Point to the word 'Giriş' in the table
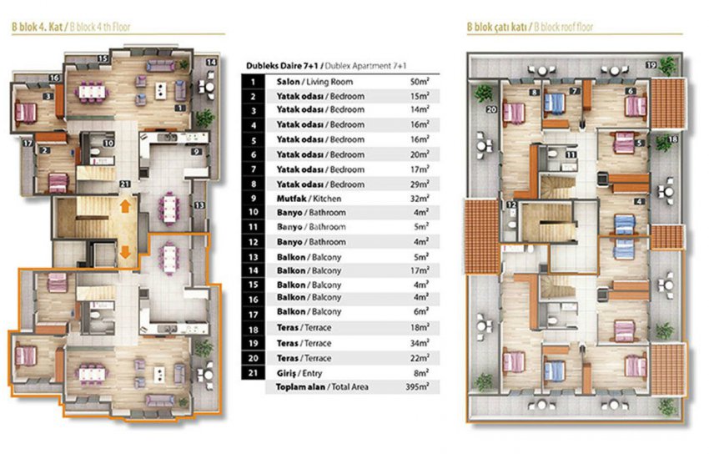tap(286, 372)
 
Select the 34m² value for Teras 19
tap(419, 343)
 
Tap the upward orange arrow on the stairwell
tap(123, 204)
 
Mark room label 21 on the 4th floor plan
tap(124, 184)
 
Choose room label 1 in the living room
tap(179, 107)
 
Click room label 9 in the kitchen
tap(194, 152)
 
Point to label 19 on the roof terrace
tap(673, 64)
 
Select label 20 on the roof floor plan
tap(491, 108)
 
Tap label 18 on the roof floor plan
tap(672, 140)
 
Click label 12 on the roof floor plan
tap(510, 204)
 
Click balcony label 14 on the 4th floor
tap(211, 63)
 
